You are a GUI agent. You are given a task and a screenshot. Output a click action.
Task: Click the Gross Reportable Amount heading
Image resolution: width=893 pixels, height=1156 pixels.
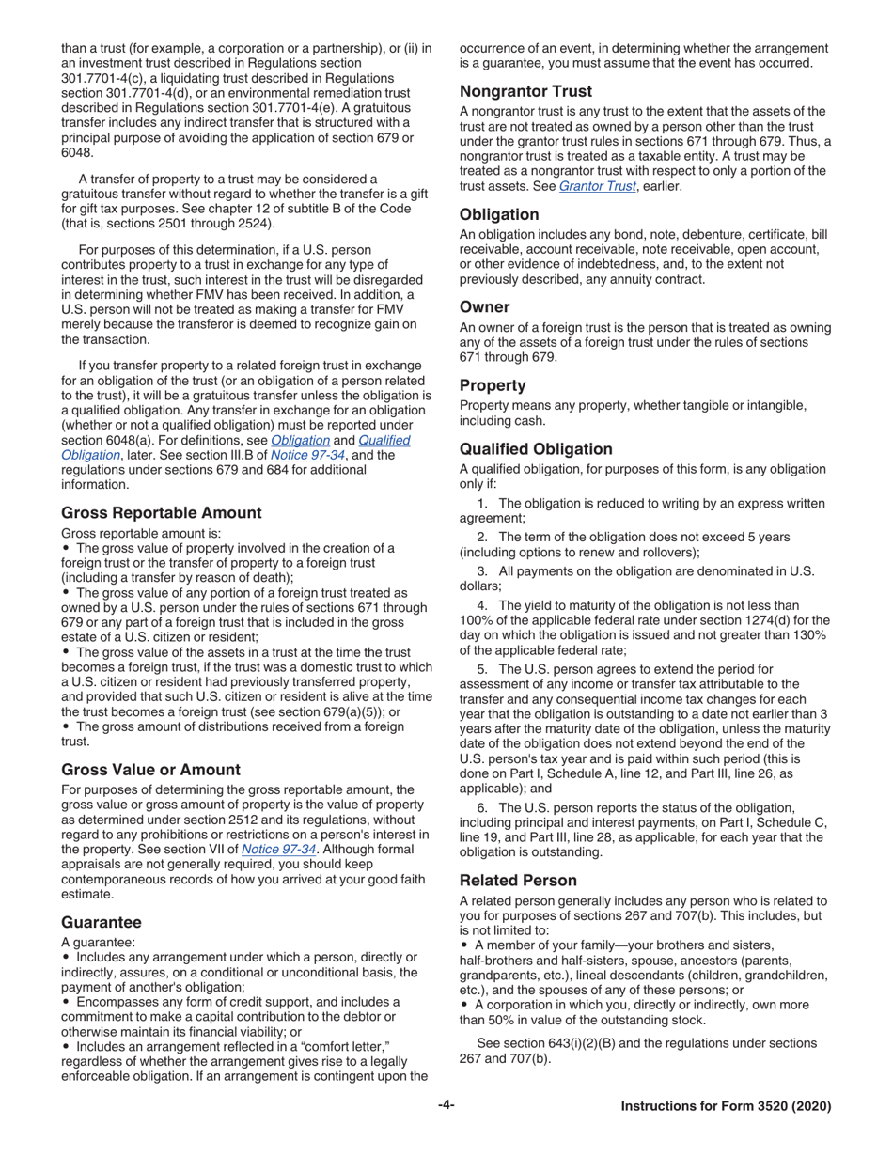click(x=162, y=512)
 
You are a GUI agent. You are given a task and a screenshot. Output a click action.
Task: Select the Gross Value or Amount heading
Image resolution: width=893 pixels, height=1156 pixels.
click(x=150, y=769)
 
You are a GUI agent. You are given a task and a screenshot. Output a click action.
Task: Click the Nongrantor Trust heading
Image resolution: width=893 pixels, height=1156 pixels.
click(x=525, y=91)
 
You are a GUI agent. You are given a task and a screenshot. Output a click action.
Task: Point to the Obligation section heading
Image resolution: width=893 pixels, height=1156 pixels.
click(x=499, y=214)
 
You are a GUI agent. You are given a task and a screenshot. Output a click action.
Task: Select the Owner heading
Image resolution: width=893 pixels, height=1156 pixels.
click(x=485, y=306)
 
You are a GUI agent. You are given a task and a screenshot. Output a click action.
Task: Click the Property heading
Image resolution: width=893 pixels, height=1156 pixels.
click(x=493, y=385)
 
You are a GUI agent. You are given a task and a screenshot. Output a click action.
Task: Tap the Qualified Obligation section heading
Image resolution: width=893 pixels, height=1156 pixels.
click(x=536, y=449)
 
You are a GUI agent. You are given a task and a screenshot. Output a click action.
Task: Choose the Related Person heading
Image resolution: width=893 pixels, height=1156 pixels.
click(x=518, y=881)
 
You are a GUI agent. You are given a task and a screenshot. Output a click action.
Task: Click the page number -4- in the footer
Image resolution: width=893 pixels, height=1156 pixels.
click(x=446, y=1106)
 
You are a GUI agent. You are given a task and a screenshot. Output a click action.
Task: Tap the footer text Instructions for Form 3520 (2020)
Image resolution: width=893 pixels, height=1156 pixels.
click(x=726, y=1107)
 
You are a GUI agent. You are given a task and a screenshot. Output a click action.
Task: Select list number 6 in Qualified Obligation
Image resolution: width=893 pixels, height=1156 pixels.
click(x=483, y=807)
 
